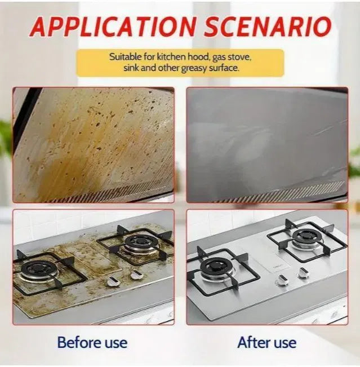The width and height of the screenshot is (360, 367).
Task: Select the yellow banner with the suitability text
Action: tap(180, 63)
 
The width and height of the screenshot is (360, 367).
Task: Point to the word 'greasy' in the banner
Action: tap(194, 68)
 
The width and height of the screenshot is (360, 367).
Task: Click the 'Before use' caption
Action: tap(92, 342)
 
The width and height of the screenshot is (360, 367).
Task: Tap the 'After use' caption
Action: tap(267, 343)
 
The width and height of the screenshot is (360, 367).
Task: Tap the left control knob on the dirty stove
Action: tap(113, 281)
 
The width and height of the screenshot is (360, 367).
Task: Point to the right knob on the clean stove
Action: tap(303, 273)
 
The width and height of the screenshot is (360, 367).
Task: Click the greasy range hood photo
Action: tap(94, 145)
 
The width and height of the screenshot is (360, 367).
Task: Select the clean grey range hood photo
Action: tap(267, 145)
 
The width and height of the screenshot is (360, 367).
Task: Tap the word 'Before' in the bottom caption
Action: tap(79, 342)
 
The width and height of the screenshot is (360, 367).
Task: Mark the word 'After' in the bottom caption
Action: tap(254, 343)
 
